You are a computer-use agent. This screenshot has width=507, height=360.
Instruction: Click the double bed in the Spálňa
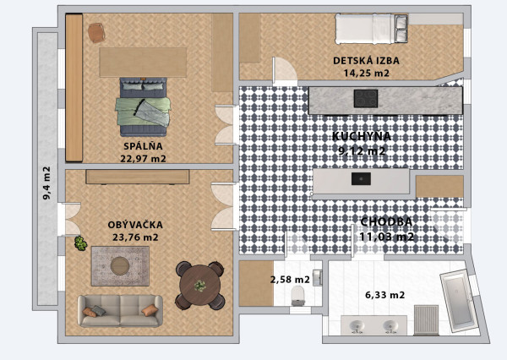click(144, 105)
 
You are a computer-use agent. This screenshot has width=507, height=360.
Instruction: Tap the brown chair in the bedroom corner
click(96, 32)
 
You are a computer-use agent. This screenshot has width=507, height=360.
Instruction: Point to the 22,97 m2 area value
click(143, 158)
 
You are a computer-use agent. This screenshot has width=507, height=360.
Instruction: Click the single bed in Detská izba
click(373, 28)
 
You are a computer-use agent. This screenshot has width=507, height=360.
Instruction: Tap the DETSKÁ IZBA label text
click(366, 61)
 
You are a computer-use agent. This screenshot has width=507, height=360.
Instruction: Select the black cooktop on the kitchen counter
click(365, 99)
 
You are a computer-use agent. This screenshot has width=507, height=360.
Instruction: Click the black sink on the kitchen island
click(361, 178)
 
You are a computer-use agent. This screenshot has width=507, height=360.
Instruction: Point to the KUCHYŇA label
click(361, 136)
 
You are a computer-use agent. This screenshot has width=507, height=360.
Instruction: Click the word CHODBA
click(386, 221)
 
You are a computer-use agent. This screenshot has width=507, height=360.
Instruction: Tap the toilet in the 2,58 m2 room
click(297, 294)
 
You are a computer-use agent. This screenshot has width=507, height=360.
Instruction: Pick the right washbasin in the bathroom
click(390, 325)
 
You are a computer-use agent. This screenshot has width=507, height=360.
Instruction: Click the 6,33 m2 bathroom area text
click(384, 295)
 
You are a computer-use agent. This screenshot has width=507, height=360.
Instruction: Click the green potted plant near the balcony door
click(80, 243)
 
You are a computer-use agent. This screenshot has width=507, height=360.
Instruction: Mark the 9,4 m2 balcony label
click(46, 183)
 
